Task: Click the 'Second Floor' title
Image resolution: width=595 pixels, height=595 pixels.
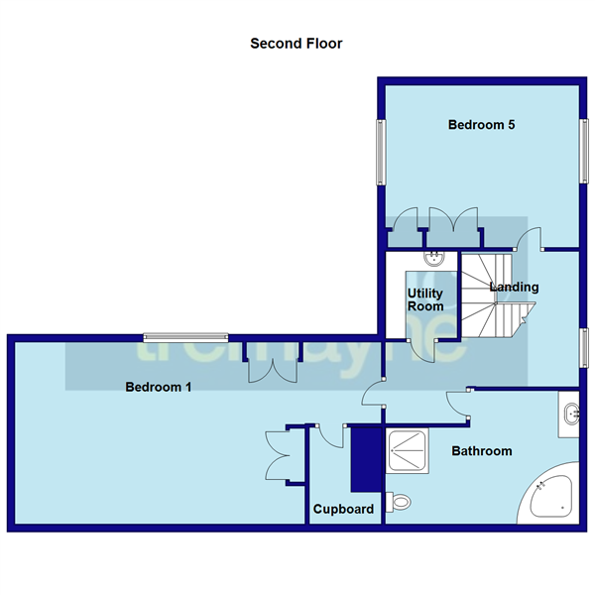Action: click(x=296, y=44)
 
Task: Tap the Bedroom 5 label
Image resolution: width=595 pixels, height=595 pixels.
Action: click(x=481, y=125)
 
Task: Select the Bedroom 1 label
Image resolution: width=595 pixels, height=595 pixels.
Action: click(x=158, y=388)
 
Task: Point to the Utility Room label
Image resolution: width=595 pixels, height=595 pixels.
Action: click(x=425, y=299)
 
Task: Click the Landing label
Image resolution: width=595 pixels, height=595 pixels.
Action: click(x=515, y=288)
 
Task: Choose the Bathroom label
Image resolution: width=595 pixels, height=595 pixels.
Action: click(x=482, y=451)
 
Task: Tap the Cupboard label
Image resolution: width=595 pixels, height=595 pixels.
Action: click(x=343, y=510)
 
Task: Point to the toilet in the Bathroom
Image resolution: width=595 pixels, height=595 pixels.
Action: click(x=399, y=504)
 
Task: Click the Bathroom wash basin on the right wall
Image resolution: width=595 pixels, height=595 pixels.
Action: click(x=570, y=414)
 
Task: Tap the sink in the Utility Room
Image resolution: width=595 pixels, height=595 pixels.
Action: click(x=434, y=259)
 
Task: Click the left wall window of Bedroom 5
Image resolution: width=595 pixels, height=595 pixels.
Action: click(x=380, y=152)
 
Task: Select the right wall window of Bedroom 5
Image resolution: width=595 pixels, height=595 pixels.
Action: click(x=583, y=152)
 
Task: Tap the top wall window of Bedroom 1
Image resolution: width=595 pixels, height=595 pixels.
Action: click(x=184, y=335)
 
